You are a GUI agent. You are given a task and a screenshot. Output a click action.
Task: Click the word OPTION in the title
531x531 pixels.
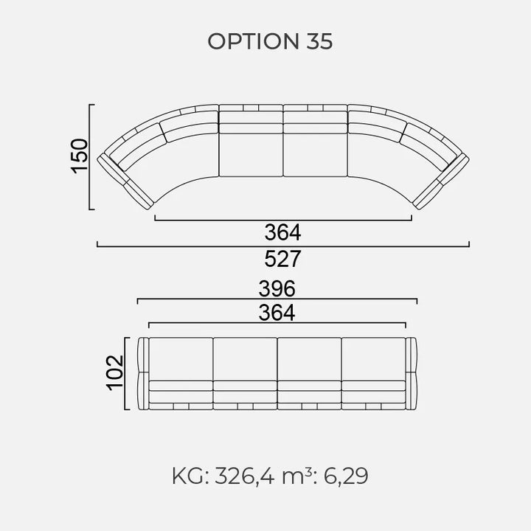tap(253, 41)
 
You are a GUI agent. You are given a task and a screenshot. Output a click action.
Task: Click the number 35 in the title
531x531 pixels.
tap(319, 41)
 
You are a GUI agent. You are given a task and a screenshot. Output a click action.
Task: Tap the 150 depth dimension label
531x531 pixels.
tap(79, 156)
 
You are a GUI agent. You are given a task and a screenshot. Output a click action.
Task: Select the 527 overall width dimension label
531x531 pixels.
tap(282, 259)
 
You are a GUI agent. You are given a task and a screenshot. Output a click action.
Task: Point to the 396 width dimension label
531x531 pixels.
tap(277, 288)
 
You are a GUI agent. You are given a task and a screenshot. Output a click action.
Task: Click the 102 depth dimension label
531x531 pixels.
tap(115, 372)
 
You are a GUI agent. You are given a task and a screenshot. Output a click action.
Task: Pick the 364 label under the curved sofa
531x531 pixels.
tap(282, 232)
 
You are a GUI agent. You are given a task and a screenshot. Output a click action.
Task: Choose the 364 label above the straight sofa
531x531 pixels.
tap(277, 313)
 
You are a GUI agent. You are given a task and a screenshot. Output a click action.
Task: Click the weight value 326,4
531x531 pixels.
tap(245, 476)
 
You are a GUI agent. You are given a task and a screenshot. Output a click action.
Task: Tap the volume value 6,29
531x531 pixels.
tap(346, 476)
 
